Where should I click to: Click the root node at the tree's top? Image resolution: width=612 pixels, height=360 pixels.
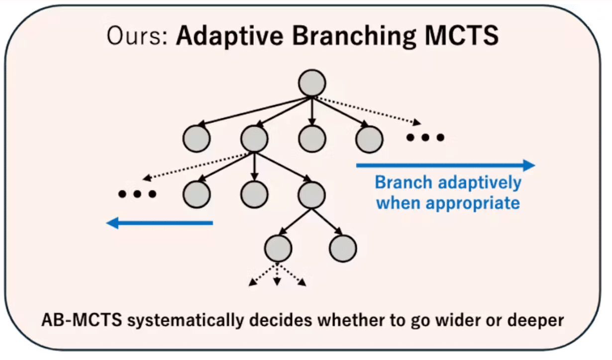[312, 82]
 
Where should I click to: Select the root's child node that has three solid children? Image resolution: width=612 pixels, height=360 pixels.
[254, 139]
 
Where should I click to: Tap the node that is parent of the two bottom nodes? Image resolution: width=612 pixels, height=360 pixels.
[312, 194]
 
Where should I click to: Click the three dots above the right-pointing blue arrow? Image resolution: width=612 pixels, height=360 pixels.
[425, 138]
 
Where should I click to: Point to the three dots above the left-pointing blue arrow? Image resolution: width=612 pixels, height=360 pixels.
[137, 194]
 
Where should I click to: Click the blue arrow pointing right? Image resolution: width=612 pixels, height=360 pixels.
[445, 166]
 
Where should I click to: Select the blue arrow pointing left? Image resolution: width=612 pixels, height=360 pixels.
[160, 223]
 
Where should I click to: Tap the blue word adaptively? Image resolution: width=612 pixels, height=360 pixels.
[481, 182]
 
